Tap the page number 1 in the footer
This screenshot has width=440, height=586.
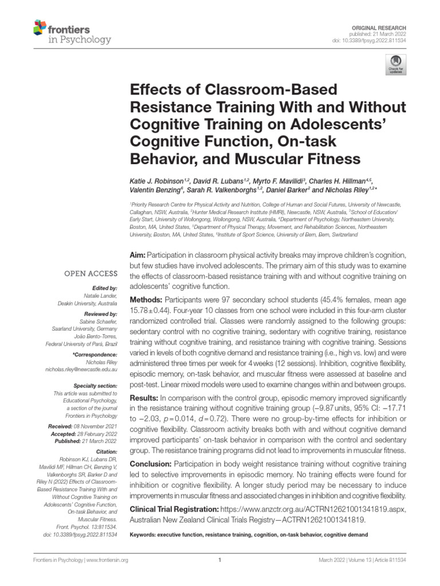(220, 560)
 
